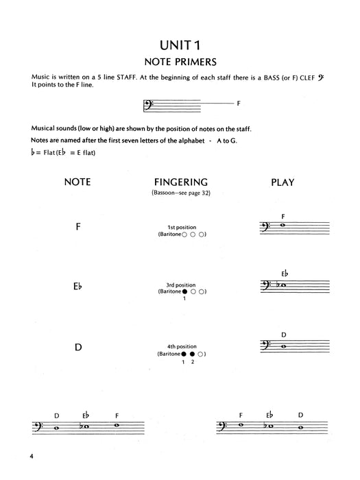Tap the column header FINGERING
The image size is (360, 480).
click(x=180, y=182)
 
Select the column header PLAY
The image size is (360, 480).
click(x=283, y=182)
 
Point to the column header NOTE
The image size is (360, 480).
click(x=77, y=182)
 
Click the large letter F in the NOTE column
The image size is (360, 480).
click(x=78, y=226)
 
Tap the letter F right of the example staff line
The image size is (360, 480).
click(x=238, y=104)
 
